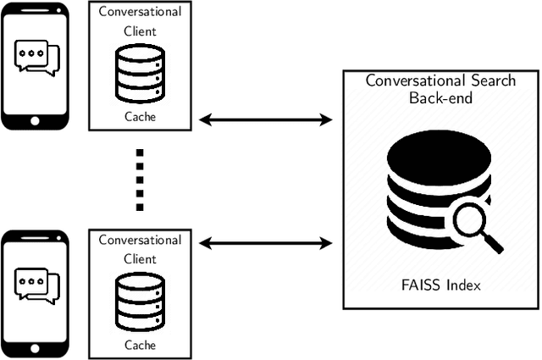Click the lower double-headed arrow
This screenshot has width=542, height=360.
click(x=265, y=245)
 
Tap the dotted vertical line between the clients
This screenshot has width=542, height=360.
click(x=140, y=180)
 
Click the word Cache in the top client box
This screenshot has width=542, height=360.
click(x=140, y=117)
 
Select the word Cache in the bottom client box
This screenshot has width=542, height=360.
click(x=140, y=345)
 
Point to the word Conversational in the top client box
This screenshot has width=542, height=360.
click(x=140, y=12)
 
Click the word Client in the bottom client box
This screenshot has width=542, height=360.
click(x=140, y=258)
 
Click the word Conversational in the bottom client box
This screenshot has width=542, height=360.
click(x=140, y=240)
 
